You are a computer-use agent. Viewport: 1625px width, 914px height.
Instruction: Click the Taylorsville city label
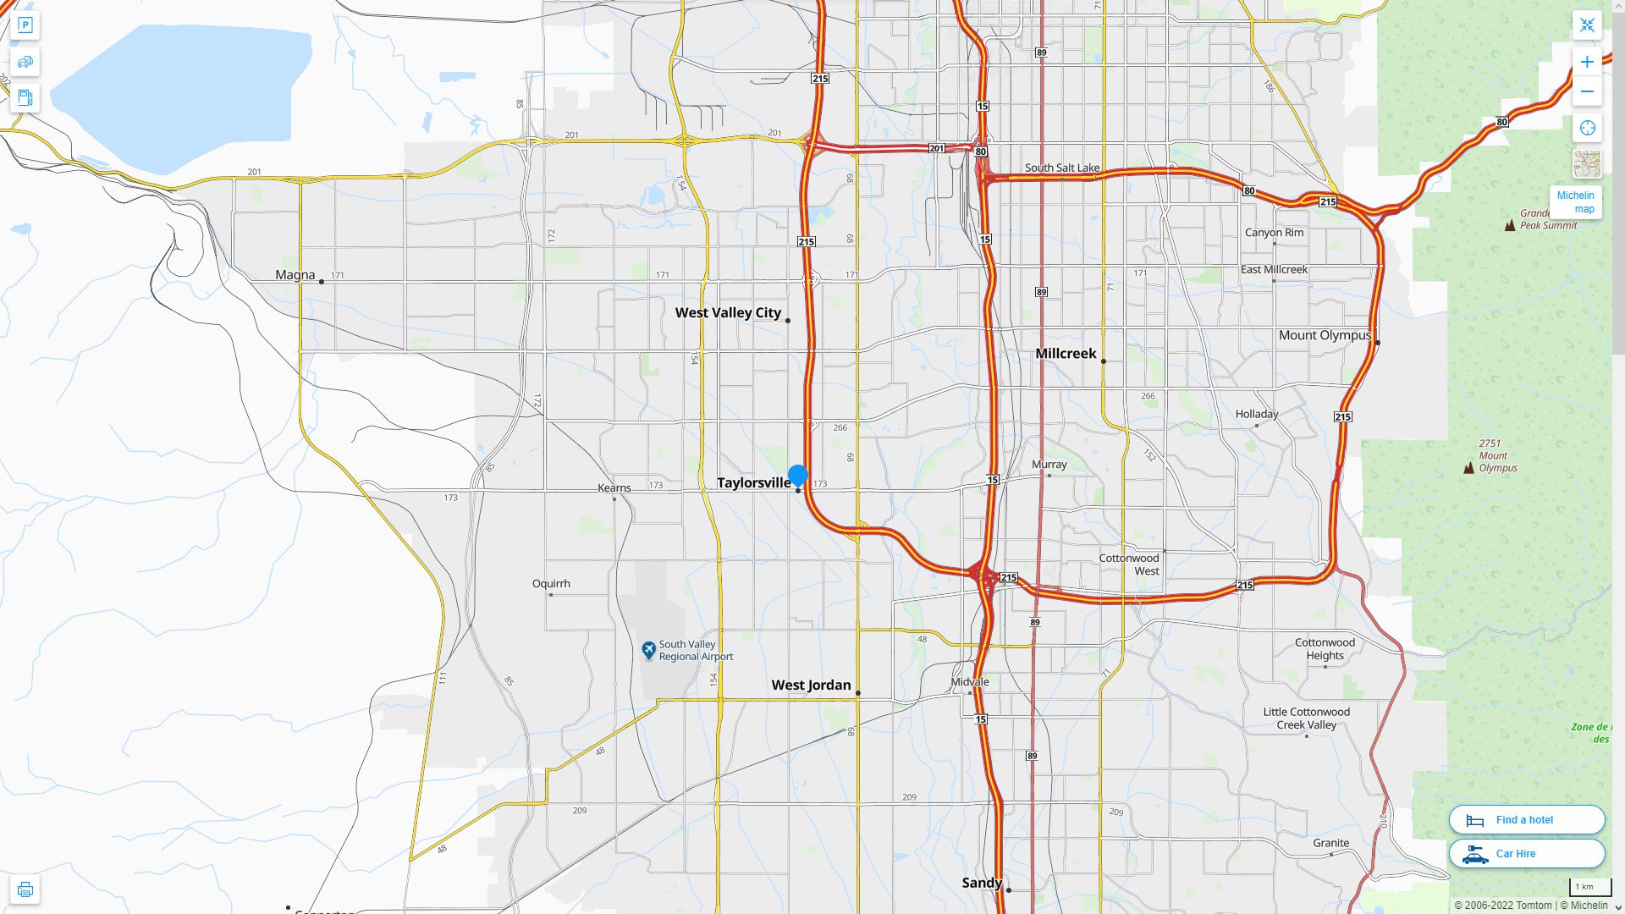pyautogui.click(x=753, y=483)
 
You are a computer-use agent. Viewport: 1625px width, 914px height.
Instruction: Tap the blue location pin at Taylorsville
pyautogui.click(x=797, y=476)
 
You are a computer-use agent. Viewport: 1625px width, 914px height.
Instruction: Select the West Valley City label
pyautogui.click(x=728, y=313)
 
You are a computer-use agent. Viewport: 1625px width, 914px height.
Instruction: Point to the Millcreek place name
pyautogui.click(x=1066, y=354)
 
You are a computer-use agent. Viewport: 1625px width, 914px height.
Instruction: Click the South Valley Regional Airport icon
pyautogui.click(x=648, y=650)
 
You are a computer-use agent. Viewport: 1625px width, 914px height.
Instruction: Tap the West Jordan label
pyautogui.click(x=811, y=685)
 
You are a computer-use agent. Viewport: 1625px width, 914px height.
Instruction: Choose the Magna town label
pyautogui.click(x=295, y=275)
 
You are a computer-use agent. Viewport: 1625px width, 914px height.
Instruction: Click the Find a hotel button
pyautogui.click(x=1526, y=820)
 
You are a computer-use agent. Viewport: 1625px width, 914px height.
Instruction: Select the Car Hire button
pyautogui.click(x=1526, y=854)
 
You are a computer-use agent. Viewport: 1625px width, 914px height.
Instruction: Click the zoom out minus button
pyautogui.click(x=1587, y=91)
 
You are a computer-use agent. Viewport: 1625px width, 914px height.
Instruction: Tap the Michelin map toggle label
pyautogui.click(x=1575, y=202)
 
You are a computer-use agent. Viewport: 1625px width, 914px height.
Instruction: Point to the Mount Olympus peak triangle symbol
pyautogui.click(x=1468, y=467)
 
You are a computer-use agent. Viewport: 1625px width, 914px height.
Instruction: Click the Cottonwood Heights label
pyautogui.click(x=1325, y=649)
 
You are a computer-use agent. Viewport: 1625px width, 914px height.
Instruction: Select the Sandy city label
pyautogui.click(x=982, y=883)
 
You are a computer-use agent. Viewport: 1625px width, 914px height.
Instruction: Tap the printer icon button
pyautogui.click(x=25, y=889)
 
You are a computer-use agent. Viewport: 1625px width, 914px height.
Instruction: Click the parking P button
pyautogui.click(x=25, y=25)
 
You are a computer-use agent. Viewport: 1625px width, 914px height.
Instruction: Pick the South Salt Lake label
pyautogui.click(x=1061, y=168)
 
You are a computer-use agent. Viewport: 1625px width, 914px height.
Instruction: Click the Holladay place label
pyautogui.click(x=1256, y=415)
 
